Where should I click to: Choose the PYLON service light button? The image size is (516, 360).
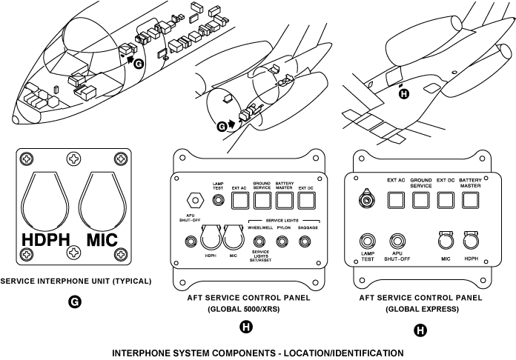pos(282,241)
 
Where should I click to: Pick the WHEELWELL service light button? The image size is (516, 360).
pos(259,241)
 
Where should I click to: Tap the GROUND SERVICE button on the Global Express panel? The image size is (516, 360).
pos(421,199)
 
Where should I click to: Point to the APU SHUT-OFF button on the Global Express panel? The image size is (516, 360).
pos(397,241)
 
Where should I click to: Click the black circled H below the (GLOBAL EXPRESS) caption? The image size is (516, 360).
pos(420,330)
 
